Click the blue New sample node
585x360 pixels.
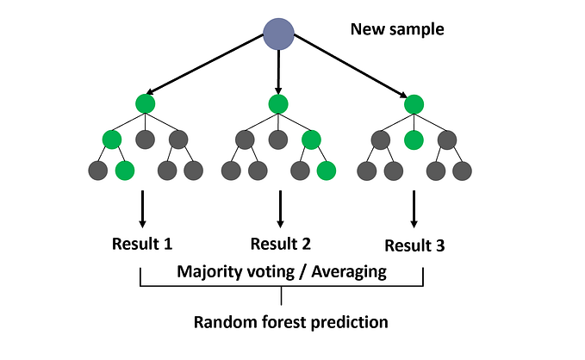(x=278, y=34)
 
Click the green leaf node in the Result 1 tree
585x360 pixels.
(x=125, y=171)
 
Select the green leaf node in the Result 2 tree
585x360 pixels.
(x=325, y=171)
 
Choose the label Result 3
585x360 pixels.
(x=414, y=245)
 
